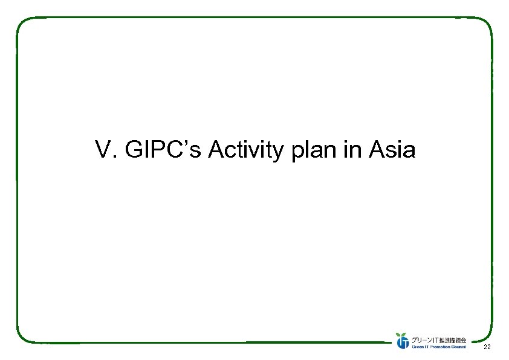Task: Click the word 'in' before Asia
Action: click(x=352, y=150)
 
